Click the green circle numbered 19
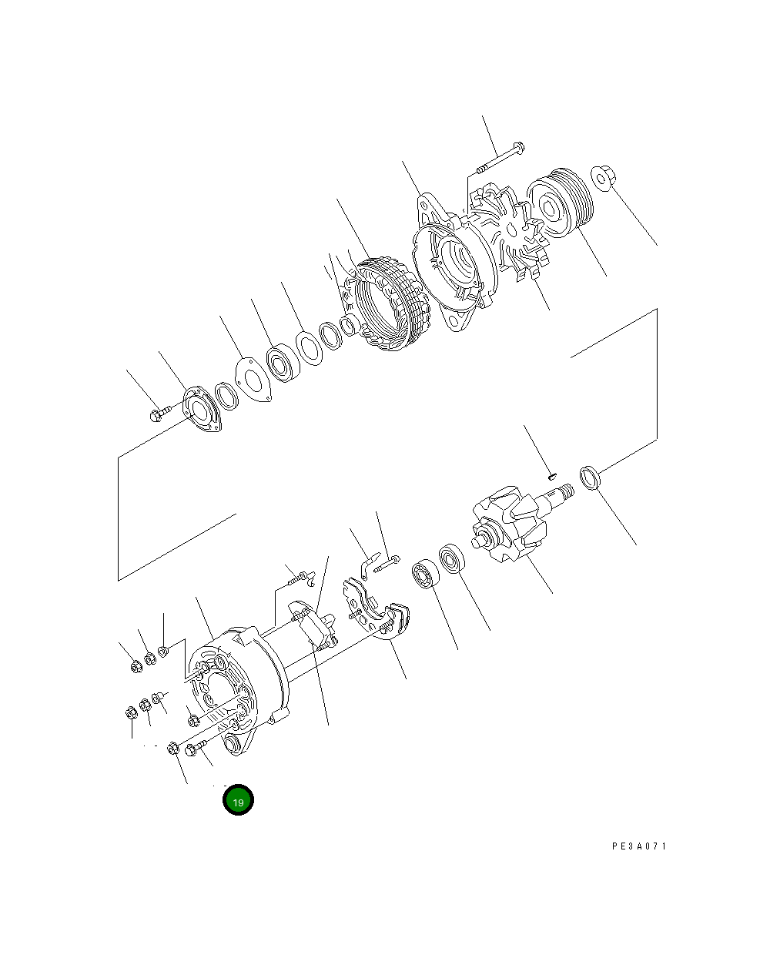coord(238,801)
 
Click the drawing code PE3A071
coord(639,846)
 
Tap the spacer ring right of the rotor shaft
coord(590,477)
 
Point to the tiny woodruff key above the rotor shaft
coord(551,476)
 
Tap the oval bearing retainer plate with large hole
coord(202,411)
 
